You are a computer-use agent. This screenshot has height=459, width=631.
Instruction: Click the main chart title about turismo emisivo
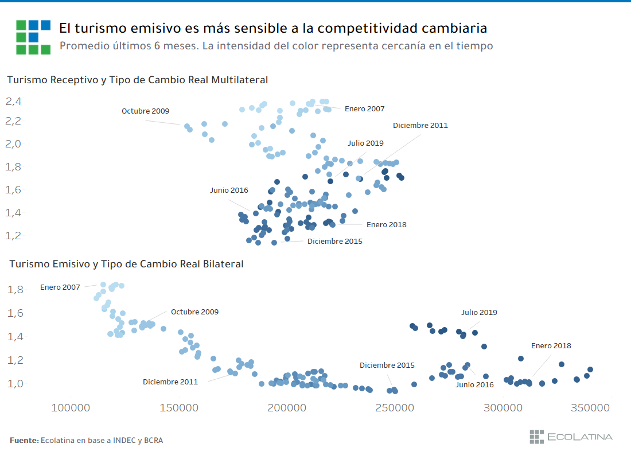tap(273, 28)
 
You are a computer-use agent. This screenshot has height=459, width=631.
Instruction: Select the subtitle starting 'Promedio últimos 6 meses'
tap(276, 46)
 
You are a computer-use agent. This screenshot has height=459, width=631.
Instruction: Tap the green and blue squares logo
tap(33, 37)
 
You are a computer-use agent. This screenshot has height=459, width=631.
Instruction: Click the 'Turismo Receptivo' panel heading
tap(137, 80)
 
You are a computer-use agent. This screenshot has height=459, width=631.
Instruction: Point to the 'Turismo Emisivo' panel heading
tap(126, 264)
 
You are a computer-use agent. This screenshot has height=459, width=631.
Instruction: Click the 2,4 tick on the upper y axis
tap(14, 102)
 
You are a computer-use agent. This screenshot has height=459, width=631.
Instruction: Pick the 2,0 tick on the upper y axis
tap(14, 143)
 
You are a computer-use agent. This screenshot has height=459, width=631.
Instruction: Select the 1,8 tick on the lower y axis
tap(14, 289)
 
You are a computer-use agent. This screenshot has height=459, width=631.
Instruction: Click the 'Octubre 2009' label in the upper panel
tap(145, 111)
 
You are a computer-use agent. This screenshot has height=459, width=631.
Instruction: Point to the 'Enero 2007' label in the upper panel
tap(364, 108)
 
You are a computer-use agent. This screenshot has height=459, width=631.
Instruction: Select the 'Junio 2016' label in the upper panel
tap(229, 190)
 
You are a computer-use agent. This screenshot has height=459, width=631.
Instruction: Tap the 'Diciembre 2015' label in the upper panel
tap(334, 242)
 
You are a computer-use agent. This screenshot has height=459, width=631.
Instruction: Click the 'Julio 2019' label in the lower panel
tap(479, 313)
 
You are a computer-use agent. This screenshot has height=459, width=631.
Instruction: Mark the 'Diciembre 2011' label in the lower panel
tap(170, 382)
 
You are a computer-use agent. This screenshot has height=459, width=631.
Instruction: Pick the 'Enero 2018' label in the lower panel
tap(551, 346)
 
